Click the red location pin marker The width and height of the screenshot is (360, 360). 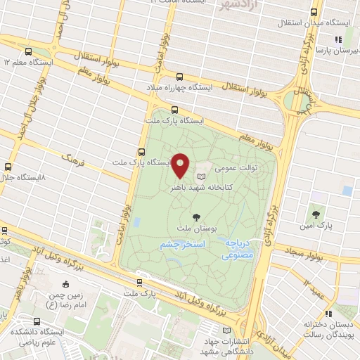pos(181,165)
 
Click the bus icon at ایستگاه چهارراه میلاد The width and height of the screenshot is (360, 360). pos(179,77)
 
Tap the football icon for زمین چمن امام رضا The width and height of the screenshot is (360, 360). pos(65,285)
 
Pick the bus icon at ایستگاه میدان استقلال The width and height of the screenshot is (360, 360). pos(314,12)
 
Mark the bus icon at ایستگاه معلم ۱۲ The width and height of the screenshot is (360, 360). pos(28,51)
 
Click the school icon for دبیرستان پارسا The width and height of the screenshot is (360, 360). pos(337,40)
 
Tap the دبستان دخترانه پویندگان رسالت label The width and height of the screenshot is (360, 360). pos(328,330)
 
